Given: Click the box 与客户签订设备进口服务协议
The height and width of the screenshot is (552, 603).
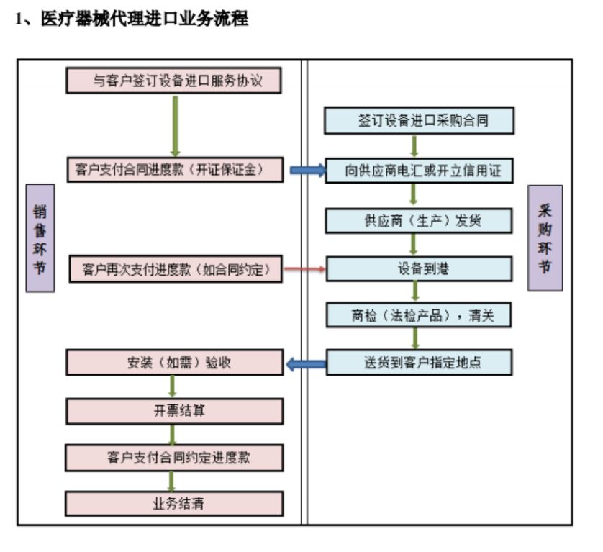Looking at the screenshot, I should point(173,81).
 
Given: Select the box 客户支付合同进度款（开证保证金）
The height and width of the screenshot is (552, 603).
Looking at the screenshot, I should point(174,170).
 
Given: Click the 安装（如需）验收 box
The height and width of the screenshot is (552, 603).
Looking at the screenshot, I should point(174,363).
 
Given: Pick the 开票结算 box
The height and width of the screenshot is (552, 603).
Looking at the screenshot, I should point(174,411).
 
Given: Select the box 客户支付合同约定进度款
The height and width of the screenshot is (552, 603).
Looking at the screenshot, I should point(174,457).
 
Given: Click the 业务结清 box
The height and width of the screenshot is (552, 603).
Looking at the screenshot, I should point(174,503).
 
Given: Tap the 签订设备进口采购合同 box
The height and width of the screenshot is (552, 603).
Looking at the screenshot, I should point(419,121).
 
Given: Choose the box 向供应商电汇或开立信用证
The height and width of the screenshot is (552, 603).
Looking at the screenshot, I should point(419,171).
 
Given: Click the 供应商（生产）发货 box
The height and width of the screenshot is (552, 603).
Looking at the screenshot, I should point(419,220).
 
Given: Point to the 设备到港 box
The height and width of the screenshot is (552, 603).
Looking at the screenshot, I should point(419,268).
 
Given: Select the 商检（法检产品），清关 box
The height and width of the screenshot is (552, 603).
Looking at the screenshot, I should point(419,315).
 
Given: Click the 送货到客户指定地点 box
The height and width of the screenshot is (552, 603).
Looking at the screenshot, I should point(419,362).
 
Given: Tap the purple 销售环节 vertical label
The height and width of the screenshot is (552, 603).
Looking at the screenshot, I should point(40,238).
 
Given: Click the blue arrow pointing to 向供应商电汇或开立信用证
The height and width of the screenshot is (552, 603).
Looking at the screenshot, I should point(307,171).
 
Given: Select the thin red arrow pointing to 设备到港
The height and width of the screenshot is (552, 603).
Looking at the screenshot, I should point(305,269).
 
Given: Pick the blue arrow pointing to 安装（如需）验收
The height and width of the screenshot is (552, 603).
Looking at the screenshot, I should point(305,363).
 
